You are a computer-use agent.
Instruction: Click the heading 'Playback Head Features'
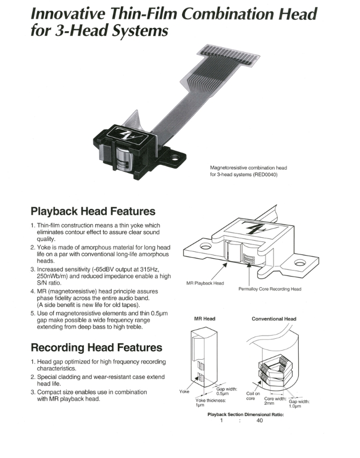[x=93, y=211]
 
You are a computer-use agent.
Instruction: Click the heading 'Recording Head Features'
[x=96, y=347]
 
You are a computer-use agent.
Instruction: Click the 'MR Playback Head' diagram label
[x=205, y=283]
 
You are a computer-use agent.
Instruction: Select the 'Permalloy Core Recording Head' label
[x=269, y=289]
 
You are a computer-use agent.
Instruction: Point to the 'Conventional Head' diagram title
[x=273, y=319]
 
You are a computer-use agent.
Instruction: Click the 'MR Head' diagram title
[x=204, y=319]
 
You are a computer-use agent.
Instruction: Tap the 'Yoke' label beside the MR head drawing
[x=184, y=391]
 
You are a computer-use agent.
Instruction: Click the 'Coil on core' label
[x=253, y=396]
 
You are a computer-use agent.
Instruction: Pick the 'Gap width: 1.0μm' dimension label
[x=299, y=404]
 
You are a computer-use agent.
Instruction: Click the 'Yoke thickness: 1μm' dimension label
[x=210, y=403]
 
